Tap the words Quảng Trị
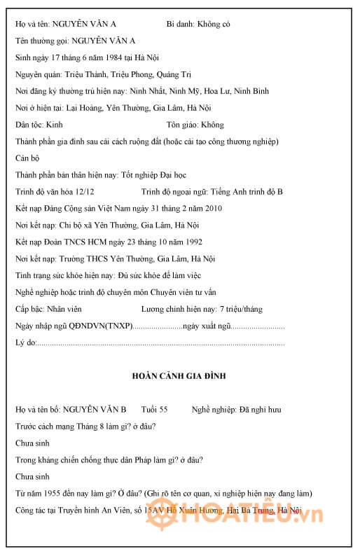coord(176,74)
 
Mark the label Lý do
coord(25,342)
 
